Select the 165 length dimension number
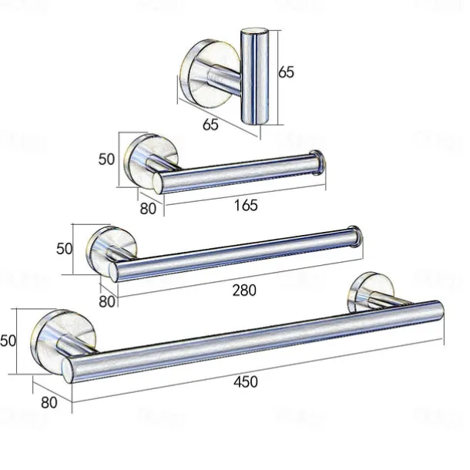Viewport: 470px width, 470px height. click(245, 205)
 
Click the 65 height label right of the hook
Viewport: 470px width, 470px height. click(286, 72)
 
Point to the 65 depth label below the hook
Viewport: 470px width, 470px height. click(210, 123)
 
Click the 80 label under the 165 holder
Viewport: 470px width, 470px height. click(149, 207)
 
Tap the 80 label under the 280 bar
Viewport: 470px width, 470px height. click(107, 300)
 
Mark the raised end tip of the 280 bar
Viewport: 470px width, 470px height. click(356, 237)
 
